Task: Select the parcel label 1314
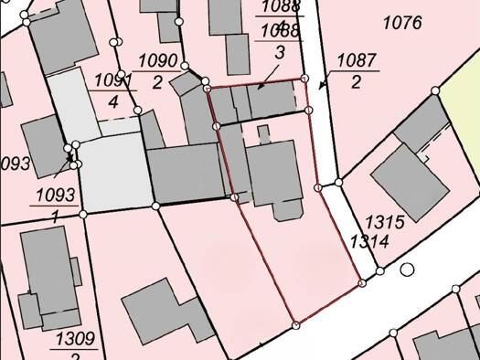point(369,241)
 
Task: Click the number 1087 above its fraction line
point(356,61)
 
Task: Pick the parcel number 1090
point(157,61)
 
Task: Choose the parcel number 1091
point(112,80)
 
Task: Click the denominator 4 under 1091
point(112,101)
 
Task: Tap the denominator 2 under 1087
point(356,82)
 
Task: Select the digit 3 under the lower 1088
point(280,52)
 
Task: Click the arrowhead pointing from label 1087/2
point(322,87)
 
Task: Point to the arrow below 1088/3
point(261,87)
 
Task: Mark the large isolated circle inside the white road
point(407,270)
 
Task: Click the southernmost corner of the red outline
point(295,324)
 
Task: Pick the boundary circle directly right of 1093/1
point(83,214)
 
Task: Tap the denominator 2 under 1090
point(157,82)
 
